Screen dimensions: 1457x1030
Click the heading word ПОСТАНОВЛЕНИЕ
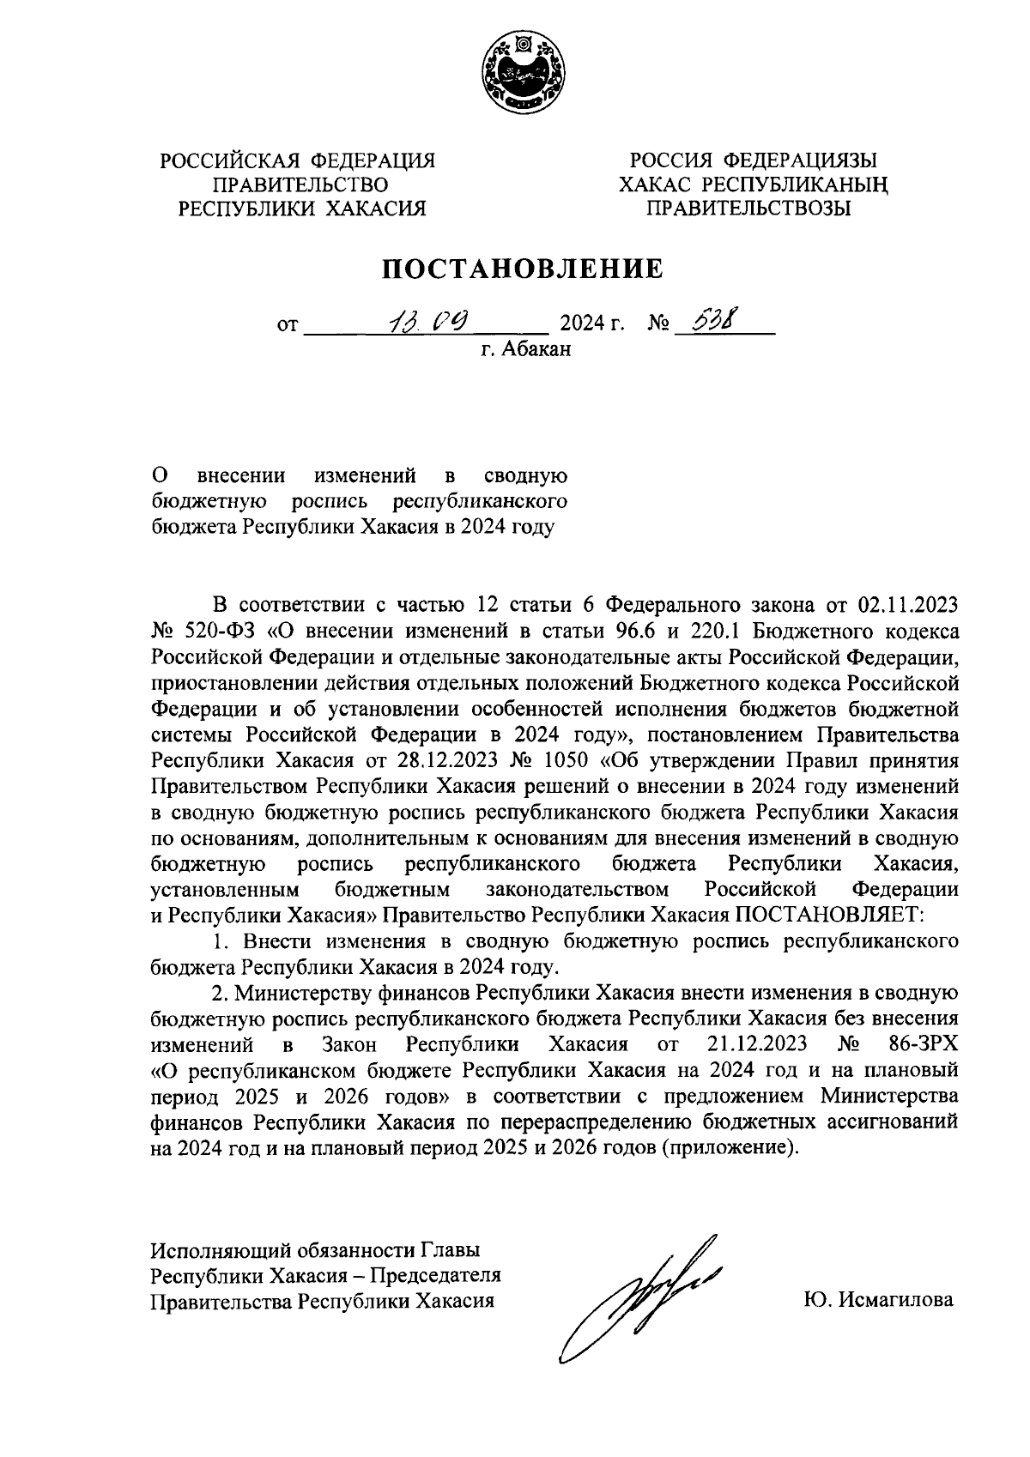click(x=523, y=269)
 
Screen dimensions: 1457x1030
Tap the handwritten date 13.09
click(x=427, y=322)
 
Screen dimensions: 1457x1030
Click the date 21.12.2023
click(x=758, y=1044)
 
